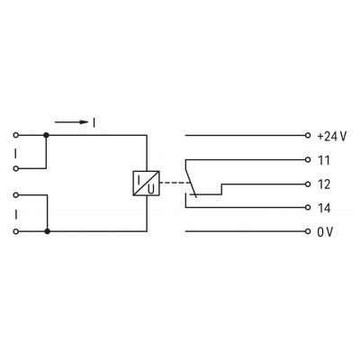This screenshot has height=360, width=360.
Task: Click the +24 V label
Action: point(332,137)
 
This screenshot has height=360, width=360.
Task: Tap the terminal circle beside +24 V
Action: point(308,135)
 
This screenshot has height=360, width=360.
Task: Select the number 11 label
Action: point(324,160)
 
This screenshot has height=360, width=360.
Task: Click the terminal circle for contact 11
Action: point(308,159)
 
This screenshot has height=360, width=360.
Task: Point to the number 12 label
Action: point(324,184)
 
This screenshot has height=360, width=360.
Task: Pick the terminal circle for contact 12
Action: point(308,184)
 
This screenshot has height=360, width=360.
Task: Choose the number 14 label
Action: point(324,208)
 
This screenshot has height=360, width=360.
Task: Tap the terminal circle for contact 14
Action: point(308,207)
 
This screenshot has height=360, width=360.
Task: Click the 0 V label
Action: point(325,232)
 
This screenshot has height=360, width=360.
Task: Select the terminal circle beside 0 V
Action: point(308,231)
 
